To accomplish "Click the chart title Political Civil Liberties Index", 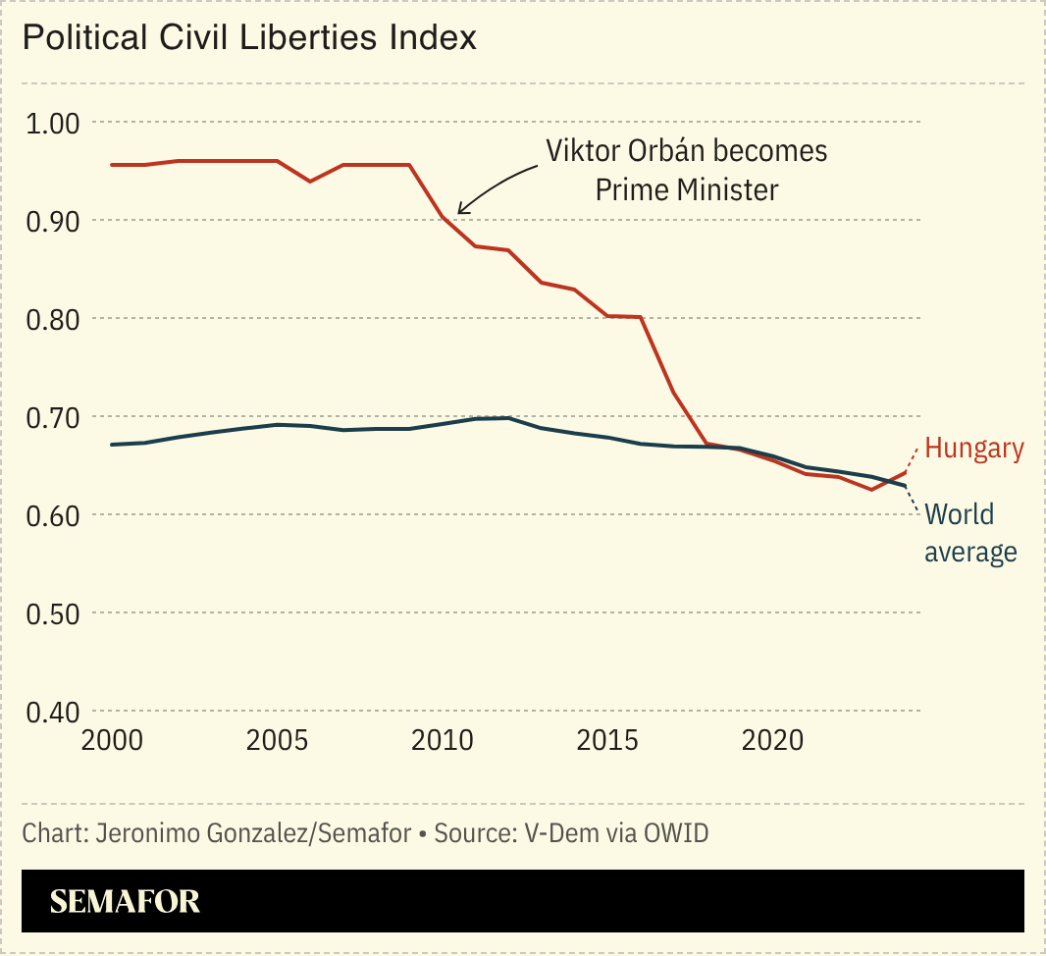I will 249,38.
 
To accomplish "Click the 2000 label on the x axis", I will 111,740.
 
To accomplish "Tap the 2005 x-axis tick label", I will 277,740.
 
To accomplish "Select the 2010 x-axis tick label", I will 443,740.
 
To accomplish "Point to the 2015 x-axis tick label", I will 608,740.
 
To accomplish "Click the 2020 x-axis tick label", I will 773,740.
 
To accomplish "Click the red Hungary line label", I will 974,450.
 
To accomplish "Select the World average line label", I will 970,533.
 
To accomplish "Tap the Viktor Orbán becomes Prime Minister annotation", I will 687,170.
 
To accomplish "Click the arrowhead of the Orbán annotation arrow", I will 460,211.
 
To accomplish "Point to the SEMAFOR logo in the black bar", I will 125,902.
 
